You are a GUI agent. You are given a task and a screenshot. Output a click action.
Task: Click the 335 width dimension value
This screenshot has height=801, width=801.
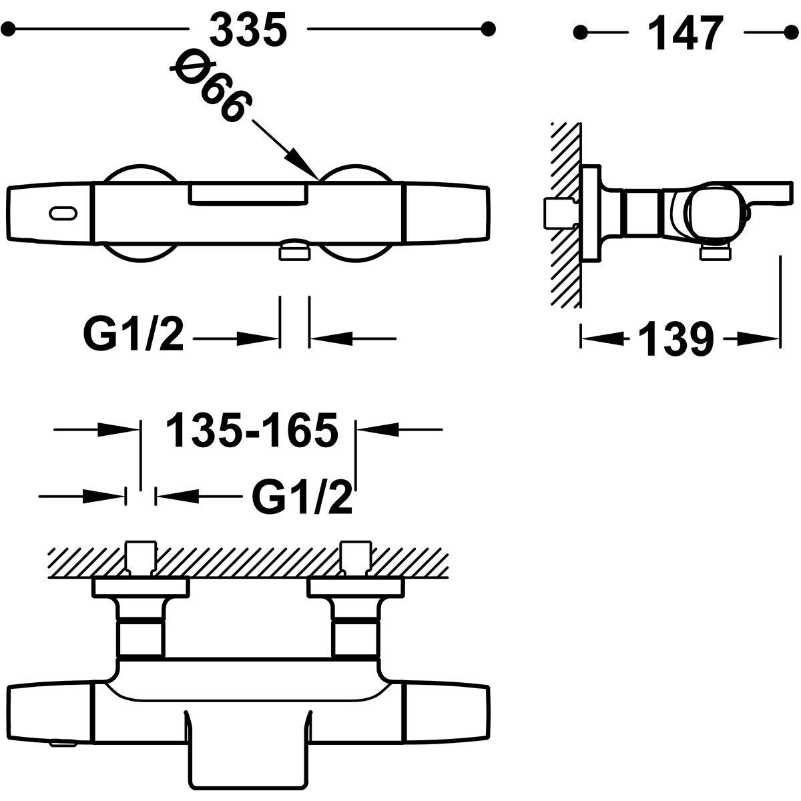click(248, 31)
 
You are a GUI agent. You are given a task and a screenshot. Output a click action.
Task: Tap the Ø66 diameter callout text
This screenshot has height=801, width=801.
click(212, 87)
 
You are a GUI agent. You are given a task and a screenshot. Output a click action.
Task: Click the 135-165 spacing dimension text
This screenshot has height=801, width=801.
click(252, 430)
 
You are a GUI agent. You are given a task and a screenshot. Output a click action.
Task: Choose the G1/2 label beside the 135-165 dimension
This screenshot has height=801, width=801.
click(302, 497)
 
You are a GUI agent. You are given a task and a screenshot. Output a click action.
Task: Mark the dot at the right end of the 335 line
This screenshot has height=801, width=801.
click(489, 29)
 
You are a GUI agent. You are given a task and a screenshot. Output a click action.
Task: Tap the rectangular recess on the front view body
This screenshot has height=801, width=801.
click(248, 193)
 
